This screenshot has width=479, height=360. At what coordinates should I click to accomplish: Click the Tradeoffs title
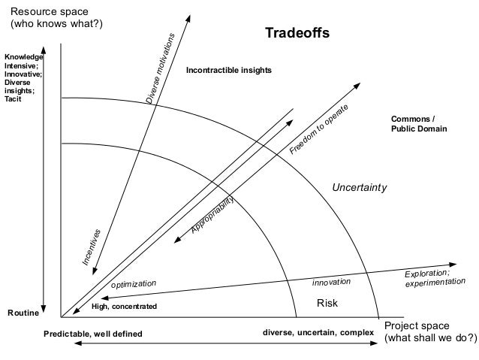click(297, 35)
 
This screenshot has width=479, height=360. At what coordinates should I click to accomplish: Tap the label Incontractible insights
click(229, 70)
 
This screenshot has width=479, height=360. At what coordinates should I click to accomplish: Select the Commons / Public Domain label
click(418, 124)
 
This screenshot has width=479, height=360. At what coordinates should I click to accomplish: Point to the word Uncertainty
click(360, 187)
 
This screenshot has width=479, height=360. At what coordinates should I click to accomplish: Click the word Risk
click(327, 303)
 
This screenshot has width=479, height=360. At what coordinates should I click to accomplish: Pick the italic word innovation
click(332, 282)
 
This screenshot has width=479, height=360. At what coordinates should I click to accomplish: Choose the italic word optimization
click(134, 284)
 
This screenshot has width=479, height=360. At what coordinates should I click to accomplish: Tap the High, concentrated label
click(124, 307)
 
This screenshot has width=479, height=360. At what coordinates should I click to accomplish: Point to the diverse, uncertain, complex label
click(318, 331)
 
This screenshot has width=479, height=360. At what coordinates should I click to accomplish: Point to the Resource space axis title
click(55, 18)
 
